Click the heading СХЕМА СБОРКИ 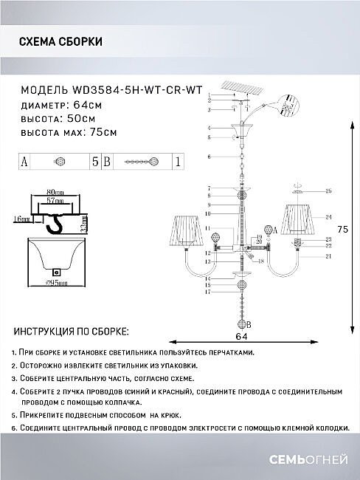click(x=61, y=42)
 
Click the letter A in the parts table click(x=24, y=161)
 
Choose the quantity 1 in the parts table click(x=178, y=161)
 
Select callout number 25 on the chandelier click(x=328, y=191)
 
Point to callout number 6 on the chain click(x=210, y=157)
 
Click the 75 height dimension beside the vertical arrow click(x=342, y=230)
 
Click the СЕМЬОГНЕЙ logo click(x=316, y=461)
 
